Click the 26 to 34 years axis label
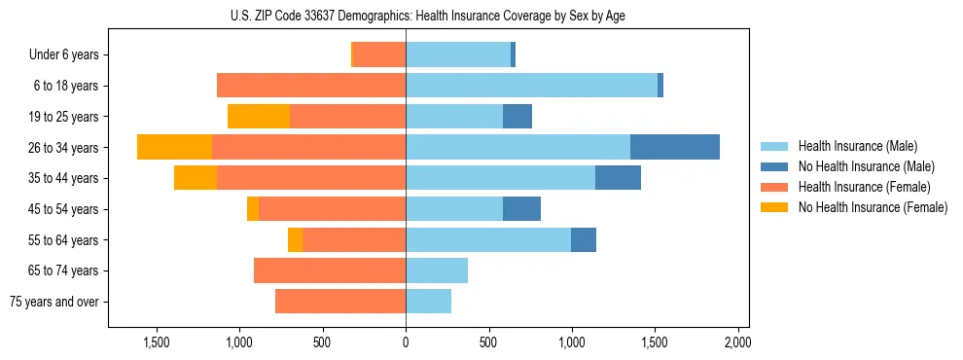coord(65,148)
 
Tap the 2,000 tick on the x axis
coord(737,342)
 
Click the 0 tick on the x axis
coord(406,342)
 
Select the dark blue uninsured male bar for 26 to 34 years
coord(675,147)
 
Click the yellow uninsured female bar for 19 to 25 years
coord(259,117)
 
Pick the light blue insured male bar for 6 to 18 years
coord(531,86)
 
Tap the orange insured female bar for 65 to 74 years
coord(330,270)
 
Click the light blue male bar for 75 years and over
coord(428,302)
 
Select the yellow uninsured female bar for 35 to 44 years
coord(196,178)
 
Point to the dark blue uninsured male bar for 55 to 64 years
coord(584,239)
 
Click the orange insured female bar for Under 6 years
coord(379,54)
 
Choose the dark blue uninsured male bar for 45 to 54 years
coord(521,209)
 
